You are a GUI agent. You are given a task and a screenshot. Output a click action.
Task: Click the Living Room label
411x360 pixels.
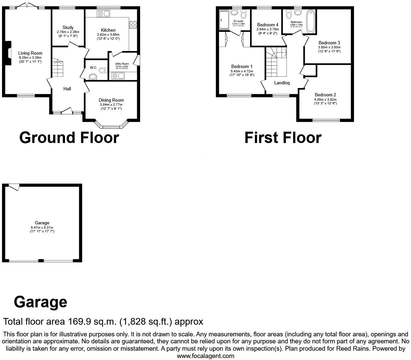(30, 53)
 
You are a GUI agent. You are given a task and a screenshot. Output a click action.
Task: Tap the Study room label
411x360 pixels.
(68, 27)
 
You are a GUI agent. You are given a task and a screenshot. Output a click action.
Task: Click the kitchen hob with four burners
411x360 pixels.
(133, 25)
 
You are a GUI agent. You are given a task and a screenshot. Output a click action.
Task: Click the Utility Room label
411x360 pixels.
(122, 64)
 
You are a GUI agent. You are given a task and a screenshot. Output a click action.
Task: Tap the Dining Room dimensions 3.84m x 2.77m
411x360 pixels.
(111, 105)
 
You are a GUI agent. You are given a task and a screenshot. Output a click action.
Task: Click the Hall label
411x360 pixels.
(67, 89)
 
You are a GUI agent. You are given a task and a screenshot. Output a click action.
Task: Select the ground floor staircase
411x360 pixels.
(57, 68)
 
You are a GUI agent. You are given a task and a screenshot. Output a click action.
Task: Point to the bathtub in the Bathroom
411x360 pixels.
(311, 22)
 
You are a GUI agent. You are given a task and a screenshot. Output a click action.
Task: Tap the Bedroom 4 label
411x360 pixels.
(268, 25)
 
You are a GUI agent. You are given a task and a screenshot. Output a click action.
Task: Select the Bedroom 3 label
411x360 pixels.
(329, 43)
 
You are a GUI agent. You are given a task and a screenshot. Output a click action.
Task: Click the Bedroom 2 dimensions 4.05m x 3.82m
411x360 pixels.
(325, 99)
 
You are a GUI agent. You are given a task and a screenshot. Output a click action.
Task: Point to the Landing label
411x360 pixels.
(282, 83)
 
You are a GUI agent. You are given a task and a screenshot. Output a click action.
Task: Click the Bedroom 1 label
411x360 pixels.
(242, 66)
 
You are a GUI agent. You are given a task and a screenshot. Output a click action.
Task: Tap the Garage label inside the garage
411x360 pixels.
(42, 223)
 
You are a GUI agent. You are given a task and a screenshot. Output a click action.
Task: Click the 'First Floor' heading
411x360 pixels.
(283, 138)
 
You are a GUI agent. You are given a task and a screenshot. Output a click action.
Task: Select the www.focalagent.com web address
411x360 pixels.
(205, 356)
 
